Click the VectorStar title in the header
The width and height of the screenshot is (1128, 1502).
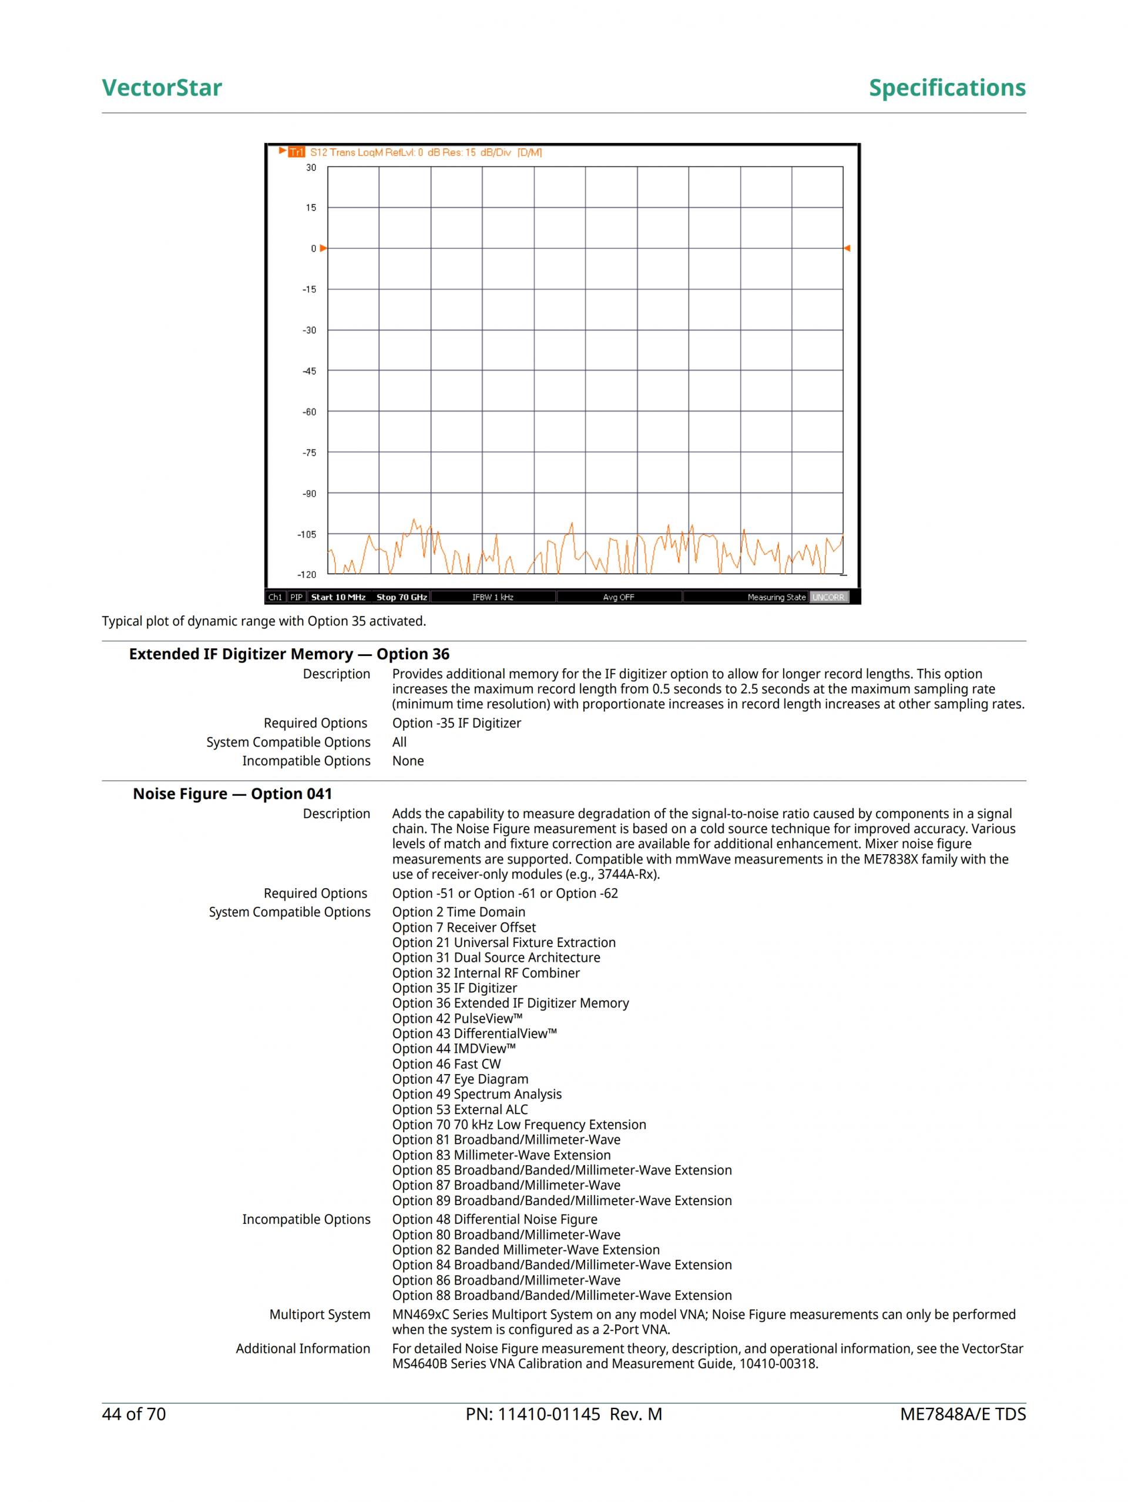pos(162,88)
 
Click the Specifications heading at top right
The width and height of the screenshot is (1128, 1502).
pos(947,88)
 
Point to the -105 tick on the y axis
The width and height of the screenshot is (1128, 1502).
pos(307,534)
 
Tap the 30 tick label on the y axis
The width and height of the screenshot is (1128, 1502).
pos(311,168)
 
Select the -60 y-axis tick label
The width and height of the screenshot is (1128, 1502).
pos(309,412)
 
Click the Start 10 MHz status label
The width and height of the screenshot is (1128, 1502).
pos(338,597)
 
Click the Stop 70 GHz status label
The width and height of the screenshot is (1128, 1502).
pos(402,597)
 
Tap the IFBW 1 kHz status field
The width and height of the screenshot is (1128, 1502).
pos(493,597)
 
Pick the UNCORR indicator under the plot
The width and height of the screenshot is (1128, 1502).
pos(828,597)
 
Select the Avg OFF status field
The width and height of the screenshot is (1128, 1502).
pos(618,597)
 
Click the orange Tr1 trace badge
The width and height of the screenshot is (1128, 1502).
pos(297,152)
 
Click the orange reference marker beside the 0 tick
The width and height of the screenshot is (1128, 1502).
pos(324,249)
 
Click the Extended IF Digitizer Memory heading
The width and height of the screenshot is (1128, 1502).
pos(289,654)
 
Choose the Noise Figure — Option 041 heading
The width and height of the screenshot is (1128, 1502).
pos(232,794)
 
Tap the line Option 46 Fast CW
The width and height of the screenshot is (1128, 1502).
pos(446,1064)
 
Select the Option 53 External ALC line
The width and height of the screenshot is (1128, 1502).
pos(459,1109)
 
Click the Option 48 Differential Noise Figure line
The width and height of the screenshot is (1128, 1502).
pos(495,1219)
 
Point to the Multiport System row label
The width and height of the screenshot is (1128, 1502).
pos(320,1314)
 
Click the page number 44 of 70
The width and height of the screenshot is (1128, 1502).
pos(134,1414)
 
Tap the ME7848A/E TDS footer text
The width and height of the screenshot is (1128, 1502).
pos(962,1414)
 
